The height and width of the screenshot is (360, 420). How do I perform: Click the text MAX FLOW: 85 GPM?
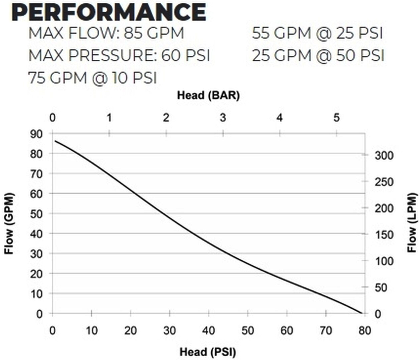[x=106, y=33]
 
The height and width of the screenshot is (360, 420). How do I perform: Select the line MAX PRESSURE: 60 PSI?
[x=119, y=55]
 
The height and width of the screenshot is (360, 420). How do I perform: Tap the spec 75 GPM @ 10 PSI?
[x=93, y=78]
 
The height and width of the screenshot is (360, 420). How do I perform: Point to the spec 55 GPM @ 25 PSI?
[x=317, y=33]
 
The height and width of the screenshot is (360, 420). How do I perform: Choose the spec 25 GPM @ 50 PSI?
[x=318, y=55]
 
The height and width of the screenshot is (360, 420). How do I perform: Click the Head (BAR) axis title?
[x=208, y=95]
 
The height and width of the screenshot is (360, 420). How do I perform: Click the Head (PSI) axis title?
[x=208, y=352]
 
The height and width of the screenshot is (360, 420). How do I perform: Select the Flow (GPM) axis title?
[x=9, y=223]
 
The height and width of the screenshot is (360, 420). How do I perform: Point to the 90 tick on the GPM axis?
[x=37, y=134]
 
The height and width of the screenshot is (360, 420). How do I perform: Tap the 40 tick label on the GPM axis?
[x=37, y=234]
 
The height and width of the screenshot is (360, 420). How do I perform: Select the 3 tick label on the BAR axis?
[x=223, y=118]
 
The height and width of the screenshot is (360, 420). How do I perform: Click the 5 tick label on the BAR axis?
[x=336, y=118]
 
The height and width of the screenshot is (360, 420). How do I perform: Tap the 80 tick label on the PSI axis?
[x=365, y=331]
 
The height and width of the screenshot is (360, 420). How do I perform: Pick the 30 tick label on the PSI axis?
[x=169, y=331]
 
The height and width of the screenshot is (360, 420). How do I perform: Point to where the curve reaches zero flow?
[x=362, y=313]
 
